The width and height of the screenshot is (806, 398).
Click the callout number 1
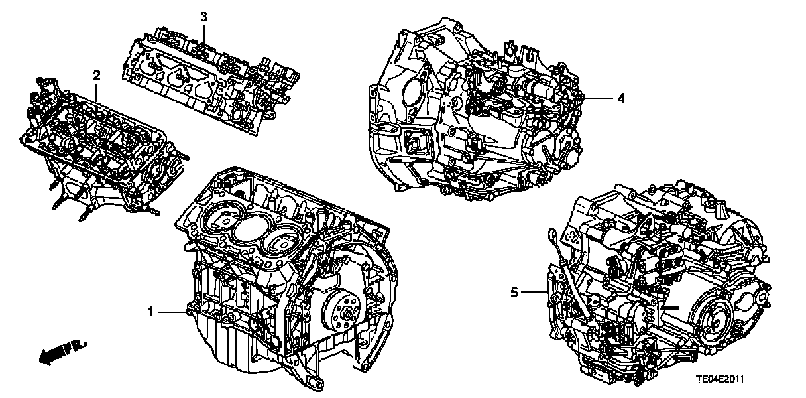point(151,312)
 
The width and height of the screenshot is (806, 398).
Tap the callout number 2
point(96,76)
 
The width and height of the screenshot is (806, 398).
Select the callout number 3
point(203,17)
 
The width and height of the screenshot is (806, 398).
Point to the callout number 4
point(621,98)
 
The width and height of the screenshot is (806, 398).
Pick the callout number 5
point(514,293)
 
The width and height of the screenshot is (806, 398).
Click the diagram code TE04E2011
point(720,379)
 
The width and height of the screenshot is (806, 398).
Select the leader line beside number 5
point(535,293)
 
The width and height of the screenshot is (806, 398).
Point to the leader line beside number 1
point(173,312)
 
